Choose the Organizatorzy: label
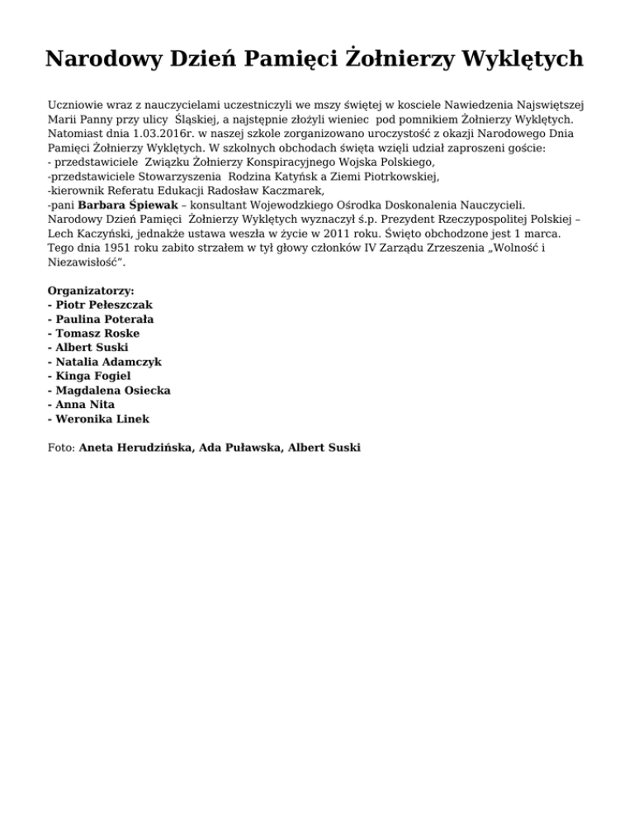tap(92, 291)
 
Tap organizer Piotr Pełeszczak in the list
tap(104, 305)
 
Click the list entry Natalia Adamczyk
tap(109, 362)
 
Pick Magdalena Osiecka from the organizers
tap(113, 390)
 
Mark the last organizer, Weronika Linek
tap(102, 419)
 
